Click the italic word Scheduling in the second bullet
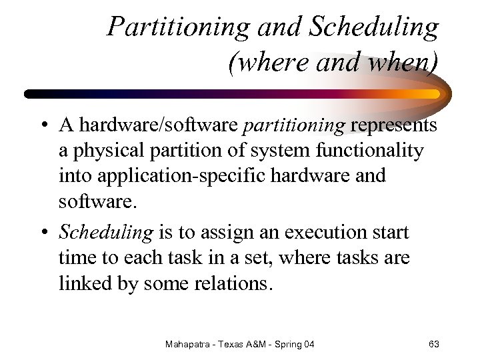coord(107,233)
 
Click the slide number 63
coord(433,344)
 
